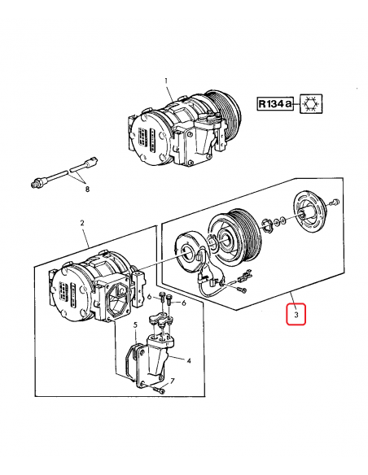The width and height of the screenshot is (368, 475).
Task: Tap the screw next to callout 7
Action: click(160, 391)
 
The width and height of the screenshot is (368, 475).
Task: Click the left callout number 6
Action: click(149, 299)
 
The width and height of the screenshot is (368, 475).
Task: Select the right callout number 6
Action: click(184, 303)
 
